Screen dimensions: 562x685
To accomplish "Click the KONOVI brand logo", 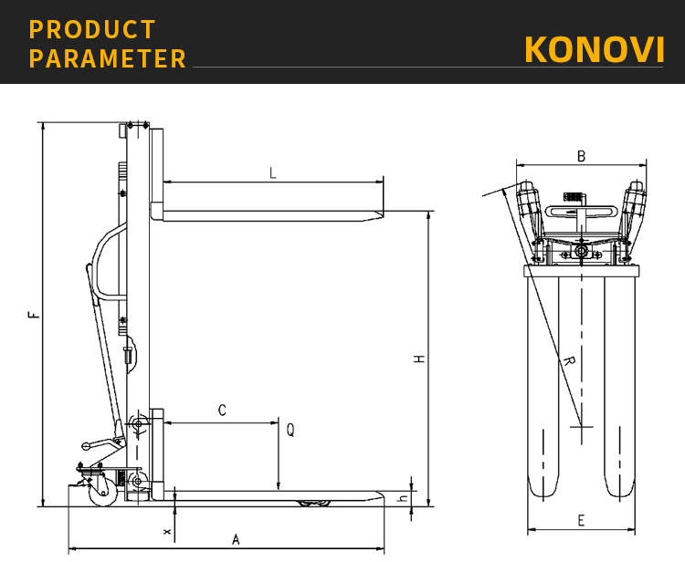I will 594,49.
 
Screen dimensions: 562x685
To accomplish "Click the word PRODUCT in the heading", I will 92,29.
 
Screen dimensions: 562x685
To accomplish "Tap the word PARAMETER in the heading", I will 108,59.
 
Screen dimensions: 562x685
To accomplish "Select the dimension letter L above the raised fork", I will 272,172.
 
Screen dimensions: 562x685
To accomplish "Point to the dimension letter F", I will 34,315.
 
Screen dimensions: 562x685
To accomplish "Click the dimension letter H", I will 418,359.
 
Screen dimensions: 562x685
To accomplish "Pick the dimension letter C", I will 222,411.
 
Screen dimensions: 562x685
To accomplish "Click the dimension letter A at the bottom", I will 236,539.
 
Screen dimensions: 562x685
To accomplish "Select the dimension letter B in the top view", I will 581,156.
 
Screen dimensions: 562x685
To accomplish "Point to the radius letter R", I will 568,362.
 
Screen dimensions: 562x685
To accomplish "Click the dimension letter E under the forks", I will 581,521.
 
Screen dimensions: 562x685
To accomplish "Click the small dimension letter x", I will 166,529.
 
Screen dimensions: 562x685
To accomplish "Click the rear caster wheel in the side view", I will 99,485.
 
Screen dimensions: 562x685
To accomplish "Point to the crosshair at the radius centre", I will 581,426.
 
